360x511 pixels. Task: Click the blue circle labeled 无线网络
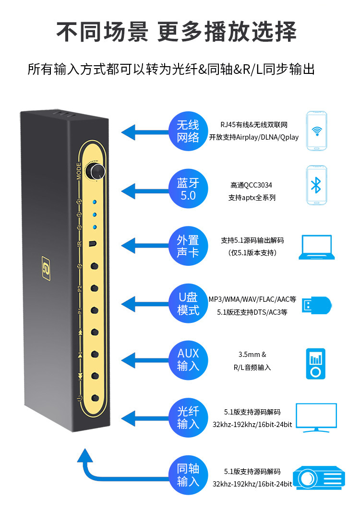click(188, 131)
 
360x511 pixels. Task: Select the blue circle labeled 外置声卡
click(188, 246)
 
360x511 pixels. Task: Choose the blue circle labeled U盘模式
click(188, 304)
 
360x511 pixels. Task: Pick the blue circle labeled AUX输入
click(188, 360)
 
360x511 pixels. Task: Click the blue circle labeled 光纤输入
click(188, 417)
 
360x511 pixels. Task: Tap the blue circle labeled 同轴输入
click(188, 475)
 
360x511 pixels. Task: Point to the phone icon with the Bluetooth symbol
click(316, 186)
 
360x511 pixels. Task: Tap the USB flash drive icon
click(316, 305)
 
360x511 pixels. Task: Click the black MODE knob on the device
click(98, 171)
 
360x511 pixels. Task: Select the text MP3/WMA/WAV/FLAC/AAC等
click(252, 299)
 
